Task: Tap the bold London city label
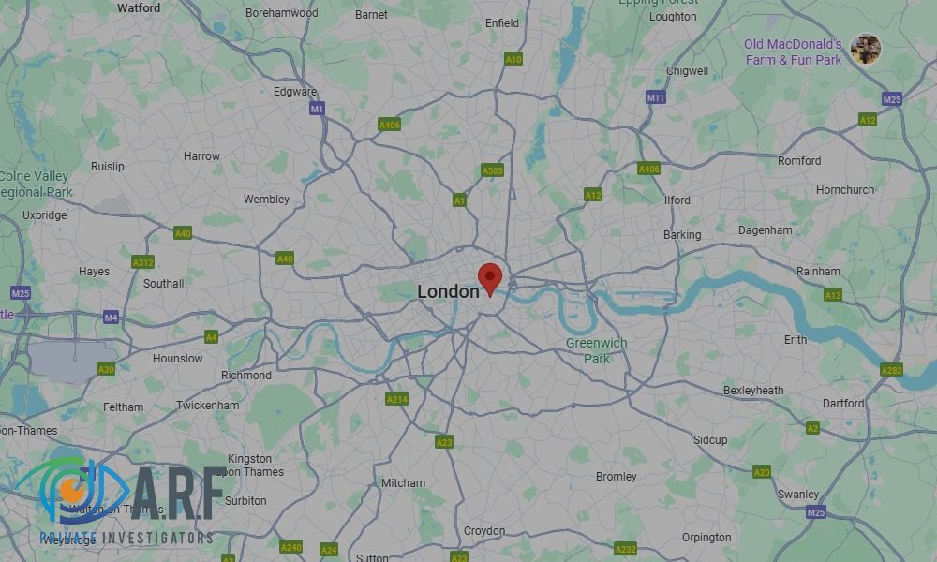448,292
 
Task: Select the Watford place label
138,7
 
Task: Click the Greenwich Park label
596,350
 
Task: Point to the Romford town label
798,161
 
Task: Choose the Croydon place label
484,531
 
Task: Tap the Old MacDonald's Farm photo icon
865,49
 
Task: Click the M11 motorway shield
655,97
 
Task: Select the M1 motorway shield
317,109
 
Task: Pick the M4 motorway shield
111,318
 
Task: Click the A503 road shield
492,170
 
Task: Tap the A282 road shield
891,370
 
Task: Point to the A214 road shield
397,399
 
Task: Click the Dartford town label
843,404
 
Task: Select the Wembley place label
266,200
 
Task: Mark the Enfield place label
502,23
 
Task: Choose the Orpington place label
706,538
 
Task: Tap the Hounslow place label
177,359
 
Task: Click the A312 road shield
142,262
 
